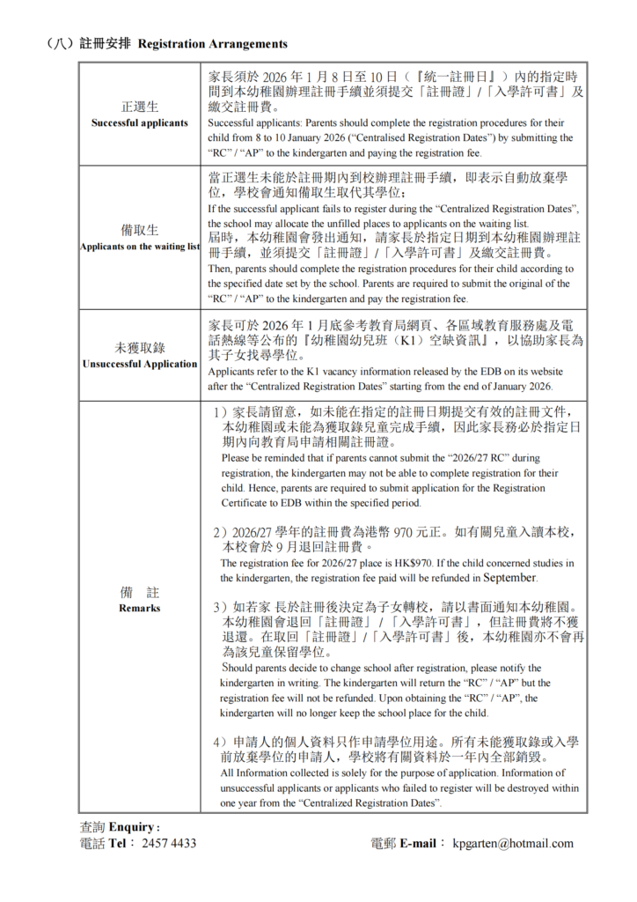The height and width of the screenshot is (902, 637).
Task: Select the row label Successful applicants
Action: tap(140, 123)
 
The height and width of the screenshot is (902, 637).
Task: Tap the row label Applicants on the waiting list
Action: tap(140, 247)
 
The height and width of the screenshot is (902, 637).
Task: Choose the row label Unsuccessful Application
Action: tap(140, 364)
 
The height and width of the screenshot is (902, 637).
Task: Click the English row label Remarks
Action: tap(140, 608)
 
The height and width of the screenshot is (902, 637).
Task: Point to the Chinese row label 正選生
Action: tap(140, 107)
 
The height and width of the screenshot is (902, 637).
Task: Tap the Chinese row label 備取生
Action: tap(140, 230)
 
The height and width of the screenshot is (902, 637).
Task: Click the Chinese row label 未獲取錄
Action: tap(140, 347)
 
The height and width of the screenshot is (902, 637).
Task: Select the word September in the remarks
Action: tap(509, 578)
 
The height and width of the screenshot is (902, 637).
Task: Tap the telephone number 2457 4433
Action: tap(169, 843)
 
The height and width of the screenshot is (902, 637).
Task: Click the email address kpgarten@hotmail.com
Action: tap(514, 843)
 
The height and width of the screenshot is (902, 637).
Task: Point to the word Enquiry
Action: tap(133, 827)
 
